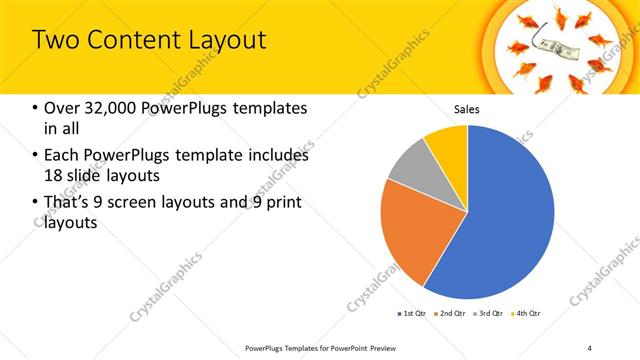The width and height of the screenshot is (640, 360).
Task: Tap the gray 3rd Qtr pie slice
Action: click(408, 167)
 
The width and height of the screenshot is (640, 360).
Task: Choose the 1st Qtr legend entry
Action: click(411, 314)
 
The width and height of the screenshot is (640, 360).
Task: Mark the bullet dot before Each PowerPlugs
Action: click(36, 156)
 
